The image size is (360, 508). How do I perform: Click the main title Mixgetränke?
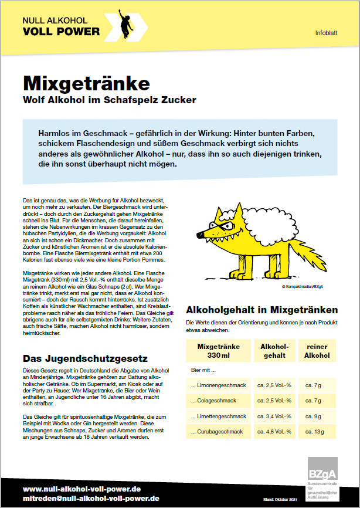(x=86, y=82)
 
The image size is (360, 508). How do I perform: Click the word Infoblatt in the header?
(x=326, y=33)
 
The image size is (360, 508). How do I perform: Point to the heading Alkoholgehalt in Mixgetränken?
(x=261, y=310)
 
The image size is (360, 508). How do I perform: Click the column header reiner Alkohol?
(x=318, y=351)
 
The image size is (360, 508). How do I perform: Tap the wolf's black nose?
(x=200, y=236)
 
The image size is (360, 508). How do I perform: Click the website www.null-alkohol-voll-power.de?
(x=82, y=488)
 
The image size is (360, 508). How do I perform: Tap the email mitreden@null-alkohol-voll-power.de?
(x=91, y=498)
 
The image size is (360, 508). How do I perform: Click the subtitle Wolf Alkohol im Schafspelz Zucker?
(x=109, y=100)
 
